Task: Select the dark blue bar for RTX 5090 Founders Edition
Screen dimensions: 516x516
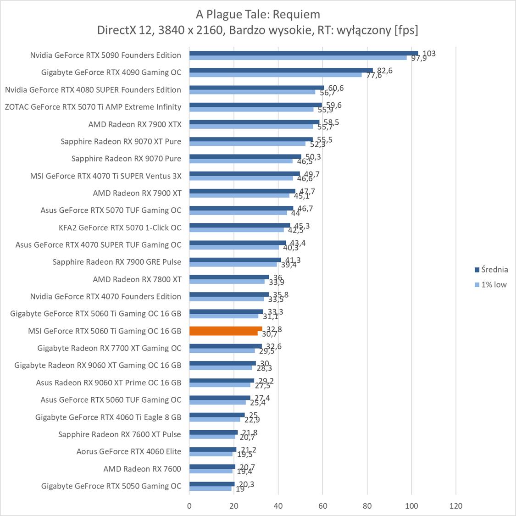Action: [x=303, y=53]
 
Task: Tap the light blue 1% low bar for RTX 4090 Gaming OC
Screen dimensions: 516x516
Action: [x=275, y=74]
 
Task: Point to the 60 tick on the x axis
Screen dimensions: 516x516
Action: [x=323, y=506]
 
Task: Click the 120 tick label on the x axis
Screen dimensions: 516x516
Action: [x=456, y=506]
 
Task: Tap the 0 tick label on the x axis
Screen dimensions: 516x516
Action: [x=189, y=506]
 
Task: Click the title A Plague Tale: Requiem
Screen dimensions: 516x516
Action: [x=257, y=14]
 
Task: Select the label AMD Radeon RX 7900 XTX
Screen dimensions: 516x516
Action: [x=135, y=124]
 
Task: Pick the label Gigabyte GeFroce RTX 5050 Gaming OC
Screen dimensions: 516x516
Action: [x=111, y=486]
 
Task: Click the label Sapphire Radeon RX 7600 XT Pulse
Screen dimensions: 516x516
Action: [x=119, y=434]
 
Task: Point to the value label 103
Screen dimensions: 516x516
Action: [x=429, y=54]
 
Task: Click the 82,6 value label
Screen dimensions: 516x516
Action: [x=384, y=71]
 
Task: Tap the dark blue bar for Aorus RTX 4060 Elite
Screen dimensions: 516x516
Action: [x=213, y=449]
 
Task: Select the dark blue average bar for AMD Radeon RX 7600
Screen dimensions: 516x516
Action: [x=212, y=466]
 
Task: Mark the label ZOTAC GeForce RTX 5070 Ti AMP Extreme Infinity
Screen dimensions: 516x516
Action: [x=93, y=107]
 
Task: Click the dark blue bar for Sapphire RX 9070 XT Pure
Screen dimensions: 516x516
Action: [x=251, y=139]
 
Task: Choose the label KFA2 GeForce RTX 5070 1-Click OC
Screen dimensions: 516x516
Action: [x=120, y=227]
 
